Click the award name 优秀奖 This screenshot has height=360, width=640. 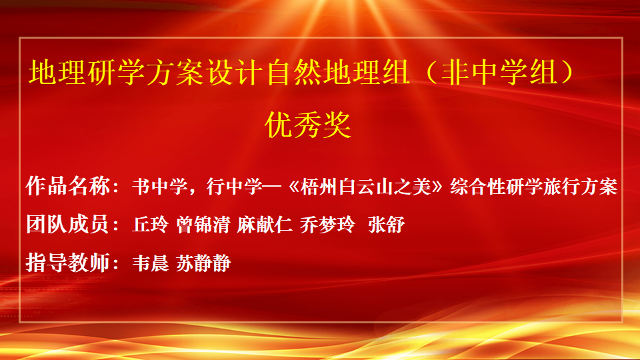(x=308, y=125)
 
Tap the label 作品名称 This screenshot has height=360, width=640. (x=68, y=186)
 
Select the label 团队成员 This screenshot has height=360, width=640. (x=68, y=224)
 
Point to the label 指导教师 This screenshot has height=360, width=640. (x=68, y=263)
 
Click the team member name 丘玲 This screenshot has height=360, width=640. (x=150, y=225)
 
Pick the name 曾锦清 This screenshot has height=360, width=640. (x=203, y=225)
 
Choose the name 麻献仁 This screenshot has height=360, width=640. (x=265, y=225)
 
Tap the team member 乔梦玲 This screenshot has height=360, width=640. (x=328, y=225)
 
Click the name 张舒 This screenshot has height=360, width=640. (x=386, y=225)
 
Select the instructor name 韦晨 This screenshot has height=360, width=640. (x=150, y=263)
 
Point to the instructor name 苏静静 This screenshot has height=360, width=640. (x=203, y=263)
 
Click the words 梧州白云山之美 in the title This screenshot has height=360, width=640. (x=365, y=187)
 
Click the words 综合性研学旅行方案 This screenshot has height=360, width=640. (x=534, y=187)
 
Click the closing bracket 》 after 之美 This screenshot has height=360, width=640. (x=437, y=187)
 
